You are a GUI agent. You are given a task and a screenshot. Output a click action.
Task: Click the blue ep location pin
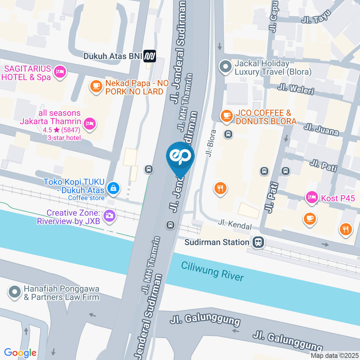(x=180, y=157)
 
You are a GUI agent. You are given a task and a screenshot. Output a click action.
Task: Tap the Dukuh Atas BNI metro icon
(x=150, y=56)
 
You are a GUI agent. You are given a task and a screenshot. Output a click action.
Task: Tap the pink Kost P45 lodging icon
(x=312, y=197)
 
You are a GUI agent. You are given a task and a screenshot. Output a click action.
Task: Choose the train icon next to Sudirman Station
(x=258, y=242)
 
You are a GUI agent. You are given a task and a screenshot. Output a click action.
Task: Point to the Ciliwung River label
(x=212, y=271)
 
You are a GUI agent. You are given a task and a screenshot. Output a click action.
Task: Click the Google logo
(x=20, y=352)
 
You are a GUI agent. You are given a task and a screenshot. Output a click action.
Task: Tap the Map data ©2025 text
(x=334, y=355)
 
